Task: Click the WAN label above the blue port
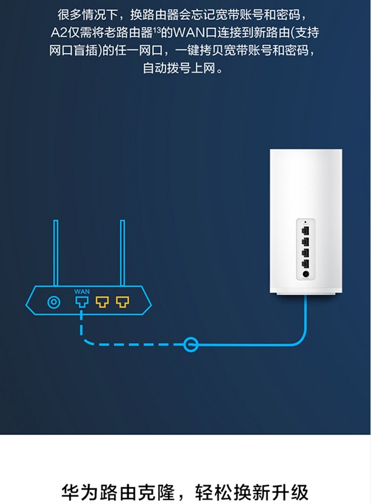82,291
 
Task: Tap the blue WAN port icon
82,302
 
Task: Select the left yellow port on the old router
102,302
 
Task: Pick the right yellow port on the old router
123,302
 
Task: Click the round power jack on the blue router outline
54,302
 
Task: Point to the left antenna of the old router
56,253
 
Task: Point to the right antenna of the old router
123,253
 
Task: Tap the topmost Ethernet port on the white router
305,230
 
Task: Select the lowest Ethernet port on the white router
305,264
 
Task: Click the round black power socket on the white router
306,274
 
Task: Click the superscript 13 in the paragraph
157,30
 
